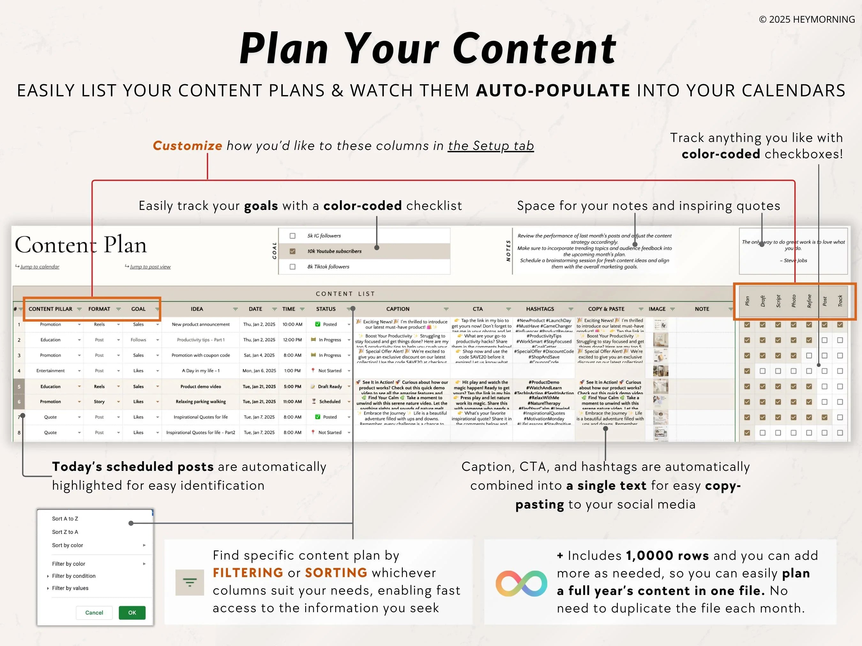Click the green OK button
coord(132,613)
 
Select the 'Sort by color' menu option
coord(67,545)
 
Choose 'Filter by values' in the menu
coord(70,588)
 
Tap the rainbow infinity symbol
coord(521,583)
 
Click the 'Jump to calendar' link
coord(40,267)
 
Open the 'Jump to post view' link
coord(150,267)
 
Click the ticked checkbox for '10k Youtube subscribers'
coord(293,251)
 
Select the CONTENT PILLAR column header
coord(50,309)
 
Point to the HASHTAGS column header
coord(540,309)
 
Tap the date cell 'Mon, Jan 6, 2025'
coord(259,371)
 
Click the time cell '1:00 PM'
coord(292,371)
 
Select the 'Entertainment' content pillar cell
coord(50,371)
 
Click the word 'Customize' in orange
coord(187,146)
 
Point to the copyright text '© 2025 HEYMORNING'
coord(807,19)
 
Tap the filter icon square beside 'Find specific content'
coord(190,582)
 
